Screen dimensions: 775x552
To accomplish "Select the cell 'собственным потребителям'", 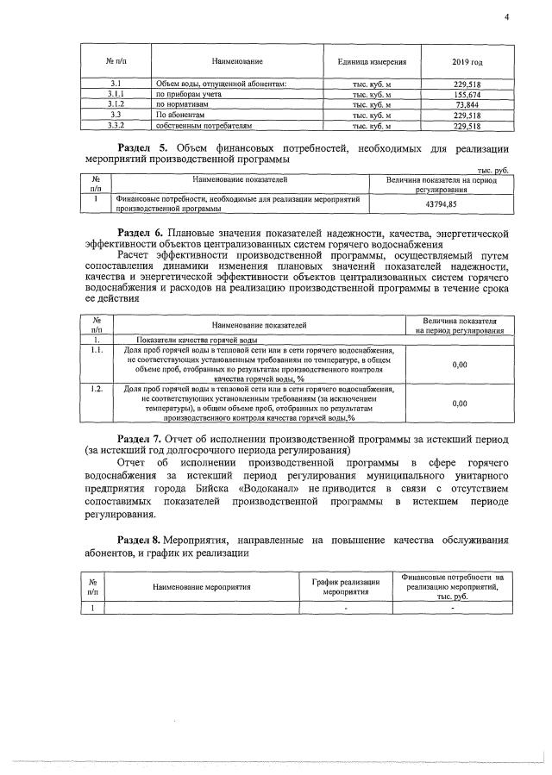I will click(204, 125).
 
